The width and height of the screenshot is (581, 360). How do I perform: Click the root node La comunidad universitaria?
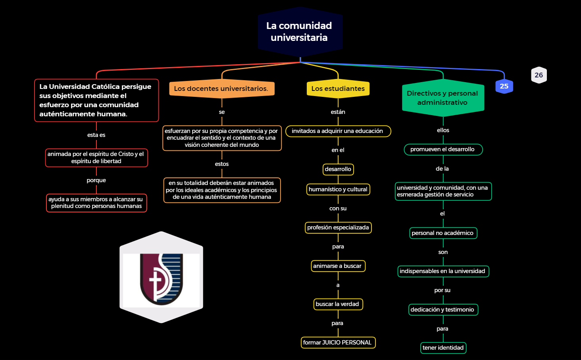[x=300, y=32]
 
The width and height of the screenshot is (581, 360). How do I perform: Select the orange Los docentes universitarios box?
[x=221, y=89]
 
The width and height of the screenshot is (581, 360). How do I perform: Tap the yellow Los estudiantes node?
[x=338, y=89]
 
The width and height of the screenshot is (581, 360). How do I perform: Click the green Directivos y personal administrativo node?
[x=442, y=98]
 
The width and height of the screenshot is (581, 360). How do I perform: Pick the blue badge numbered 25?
[x=504, y=86]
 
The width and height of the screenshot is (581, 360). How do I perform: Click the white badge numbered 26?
[x=539, y=75]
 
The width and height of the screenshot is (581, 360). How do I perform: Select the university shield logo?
[x=161, y=278]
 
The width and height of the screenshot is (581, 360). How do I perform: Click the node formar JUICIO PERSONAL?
[x=338, y=343]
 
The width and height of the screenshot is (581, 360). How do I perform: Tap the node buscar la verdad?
[x=338, y=304]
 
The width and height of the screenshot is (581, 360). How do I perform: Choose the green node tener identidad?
[x=443, y=348]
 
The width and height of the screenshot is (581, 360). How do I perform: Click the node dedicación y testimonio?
[x=443, y=310]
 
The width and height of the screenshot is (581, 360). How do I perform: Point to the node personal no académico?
[x=443, y=233]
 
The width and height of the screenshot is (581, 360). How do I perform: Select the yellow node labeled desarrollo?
[x=338, y=169]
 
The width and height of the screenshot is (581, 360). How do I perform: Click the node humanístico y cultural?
[x=338, y=189]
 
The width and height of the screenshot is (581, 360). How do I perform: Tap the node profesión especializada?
[x=338, y=227]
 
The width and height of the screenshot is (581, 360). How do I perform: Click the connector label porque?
[x=96, y=180]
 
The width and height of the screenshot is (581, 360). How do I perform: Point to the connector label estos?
[x=221, y=164]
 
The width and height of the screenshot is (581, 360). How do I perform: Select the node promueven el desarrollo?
[x=443, y=149]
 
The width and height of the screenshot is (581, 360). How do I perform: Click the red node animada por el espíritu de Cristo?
[x=96, y=158]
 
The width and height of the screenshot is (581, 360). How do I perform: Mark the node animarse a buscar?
[x=338, y=266]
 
